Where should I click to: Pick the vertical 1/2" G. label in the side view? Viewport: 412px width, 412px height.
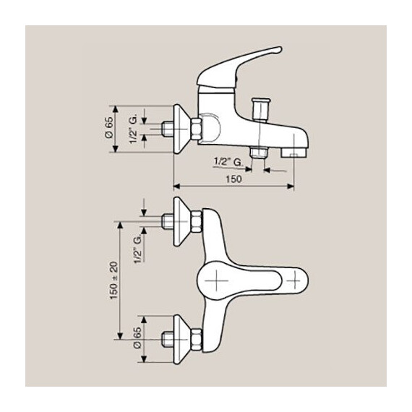click(x=134, y=127)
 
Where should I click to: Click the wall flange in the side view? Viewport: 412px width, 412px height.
click(x=182, y=128)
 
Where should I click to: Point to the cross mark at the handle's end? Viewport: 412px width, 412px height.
click(x=295, y=278)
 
